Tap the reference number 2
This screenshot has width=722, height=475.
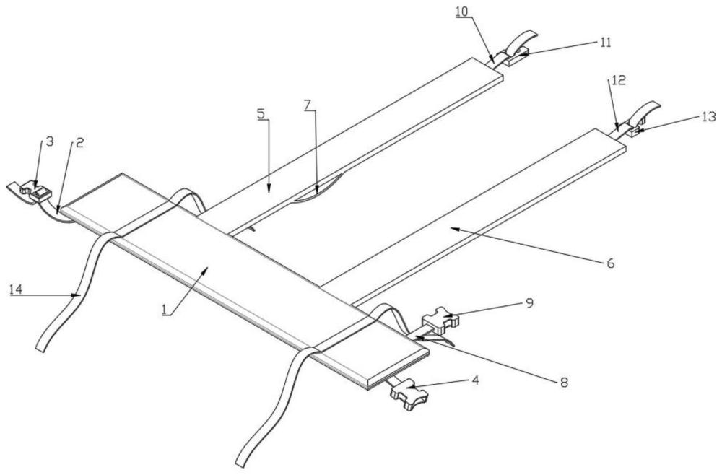[x=79, y=142]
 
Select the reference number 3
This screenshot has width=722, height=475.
[x=49, y=141]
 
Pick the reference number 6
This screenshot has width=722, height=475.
[x=611, y=263]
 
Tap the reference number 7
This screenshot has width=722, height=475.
[x=308, y=105]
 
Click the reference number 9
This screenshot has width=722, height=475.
[x=529, y=303]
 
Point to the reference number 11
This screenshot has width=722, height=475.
[x=605, y=42]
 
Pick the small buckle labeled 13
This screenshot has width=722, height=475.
[x=635, y=131]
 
